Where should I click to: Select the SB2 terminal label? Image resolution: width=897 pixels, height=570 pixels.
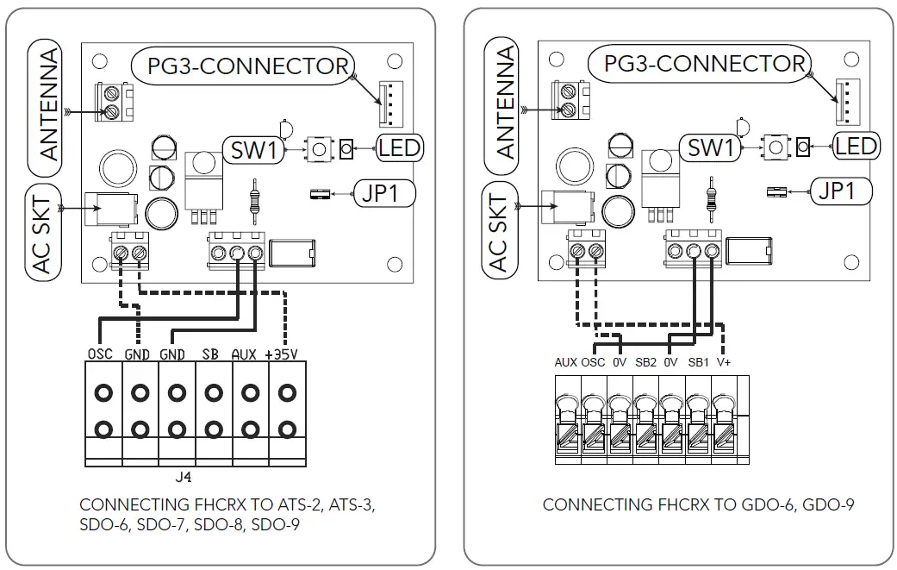coord(645,362)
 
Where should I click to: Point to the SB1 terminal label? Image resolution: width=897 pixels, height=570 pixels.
coord(698,362)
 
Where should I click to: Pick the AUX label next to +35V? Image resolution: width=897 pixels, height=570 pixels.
coord(244,354)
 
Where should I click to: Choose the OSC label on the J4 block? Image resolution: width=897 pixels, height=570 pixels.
coord(100,354)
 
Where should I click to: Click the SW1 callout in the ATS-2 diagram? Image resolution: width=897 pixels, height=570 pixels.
coord(253,150)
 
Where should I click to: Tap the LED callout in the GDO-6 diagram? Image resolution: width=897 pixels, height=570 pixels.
coord(856,146)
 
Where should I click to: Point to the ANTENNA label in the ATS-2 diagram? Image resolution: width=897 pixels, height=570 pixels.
coord(51,104)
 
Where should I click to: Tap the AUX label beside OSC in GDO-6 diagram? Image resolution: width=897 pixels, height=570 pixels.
coord(565,362)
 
